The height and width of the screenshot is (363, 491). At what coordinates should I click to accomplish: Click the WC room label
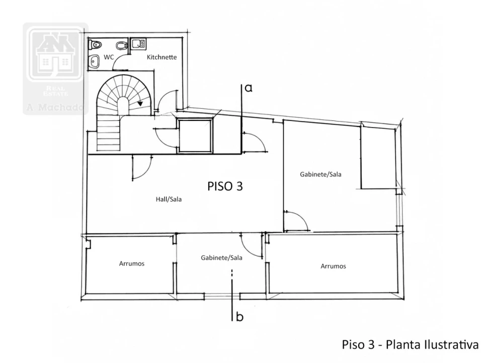point(109,57)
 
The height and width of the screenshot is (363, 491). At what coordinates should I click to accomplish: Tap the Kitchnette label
point(161,57)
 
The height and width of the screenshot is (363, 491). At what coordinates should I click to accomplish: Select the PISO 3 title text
point(225,187)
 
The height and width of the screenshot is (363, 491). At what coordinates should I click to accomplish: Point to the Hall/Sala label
point(169,199)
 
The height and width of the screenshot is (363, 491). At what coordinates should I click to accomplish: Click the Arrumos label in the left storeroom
point(131,264)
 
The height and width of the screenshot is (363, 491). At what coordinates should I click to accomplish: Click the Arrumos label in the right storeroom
point(333,266)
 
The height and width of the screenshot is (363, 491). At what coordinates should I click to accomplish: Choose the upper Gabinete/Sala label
point(320,174)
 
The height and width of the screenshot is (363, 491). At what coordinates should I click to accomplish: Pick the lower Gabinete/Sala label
point(221,258)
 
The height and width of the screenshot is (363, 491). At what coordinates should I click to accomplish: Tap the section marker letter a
point(249,88)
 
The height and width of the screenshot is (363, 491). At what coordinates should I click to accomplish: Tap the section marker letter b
point(239,317)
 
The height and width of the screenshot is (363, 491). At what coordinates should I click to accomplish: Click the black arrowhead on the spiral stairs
point(140,103)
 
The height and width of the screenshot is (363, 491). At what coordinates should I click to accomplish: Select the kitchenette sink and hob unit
point(138,44)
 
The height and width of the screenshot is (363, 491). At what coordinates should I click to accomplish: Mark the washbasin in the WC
point(94,62)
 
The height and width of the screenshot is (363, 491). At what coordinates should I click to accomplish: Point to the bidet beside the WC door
point(122,46)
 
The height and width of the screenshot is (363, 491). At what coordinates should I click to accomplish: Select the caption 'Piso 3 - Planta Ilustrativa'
point(410,344)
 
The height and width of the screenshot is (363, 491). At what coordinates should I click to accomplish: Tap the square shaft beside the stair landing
point(195,136)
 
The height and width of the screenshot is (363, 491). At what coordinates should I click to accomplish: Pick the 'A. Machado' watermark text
point(55,107)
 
